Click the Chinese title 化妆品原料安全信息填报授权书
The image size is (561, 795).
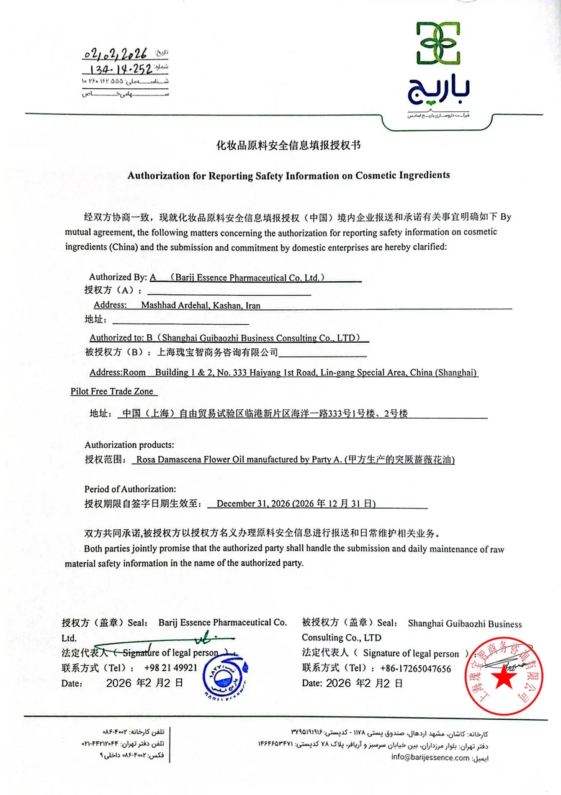coord(288,146)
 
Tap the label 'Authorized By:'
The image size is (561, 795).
coord(117,277)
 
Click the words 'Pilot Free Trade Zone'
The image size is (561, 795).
coord(114,392)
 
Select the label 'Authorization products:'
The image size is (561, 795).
coord(129,445)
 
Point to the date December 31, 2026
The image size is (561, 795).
coord(253,504)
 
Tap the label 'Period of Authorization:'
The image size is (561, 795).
coord(130,489)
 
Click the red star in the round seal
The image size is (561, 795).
coord(503,679)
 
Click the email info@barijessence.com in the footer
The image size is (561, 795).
coord(430,757)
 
